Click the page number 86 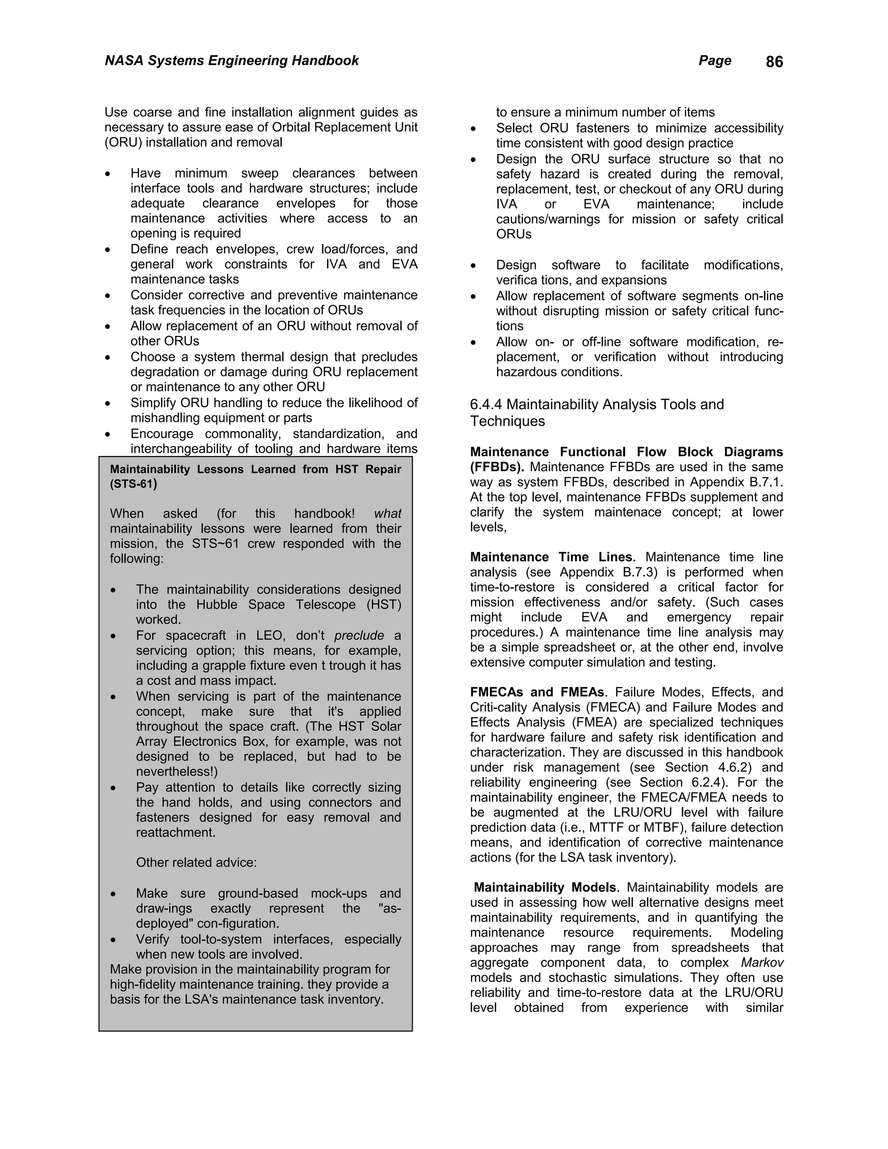coord(774,62)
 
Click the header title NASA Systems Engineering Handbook coord(232,61)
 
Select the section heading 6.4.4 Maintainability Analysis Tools coord(597,405)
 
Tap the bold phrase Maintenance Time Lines coord(551,557)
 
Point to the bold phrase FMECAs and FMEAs coord(538,692)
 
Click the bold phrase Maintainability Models coord(545,888)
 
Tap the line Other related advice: coord(196,863)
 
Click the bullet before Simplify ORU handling coord(108,404)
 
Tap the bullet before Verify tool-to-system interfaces coord(113,940)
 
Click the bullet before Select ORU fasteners coord(473,129)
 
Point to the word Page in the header coord(715,61)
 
